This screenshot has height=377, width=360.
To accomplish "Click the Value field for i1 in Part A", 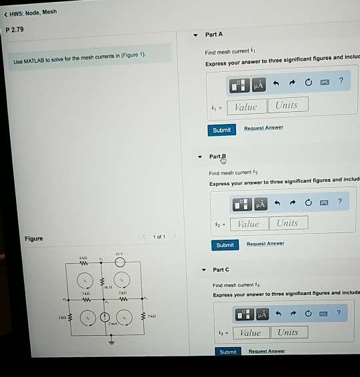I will (247, 106).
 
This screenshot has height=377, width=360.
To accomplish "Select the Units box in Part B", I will (287, 223).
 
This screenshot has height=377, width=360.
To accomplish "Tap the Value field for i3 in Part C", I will (250, 332).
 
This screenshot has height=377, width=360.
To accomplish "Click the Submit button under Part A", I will (222, 130).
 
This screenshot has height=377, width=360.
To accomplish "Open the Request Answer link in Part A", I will (263, 128).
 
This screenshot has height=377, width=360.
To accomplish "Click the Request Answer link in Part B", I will (265, 244).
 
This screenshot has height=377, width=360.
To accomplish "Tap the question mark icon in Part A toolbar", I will (341, 81).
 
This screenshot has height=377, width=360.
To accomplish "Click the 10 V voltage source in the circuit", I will (120, 262).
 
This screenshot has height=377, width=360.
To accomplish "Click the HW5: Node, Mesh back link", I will (29, 11).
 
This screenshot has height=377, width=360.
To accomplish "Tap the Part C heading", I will (221, 270).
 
